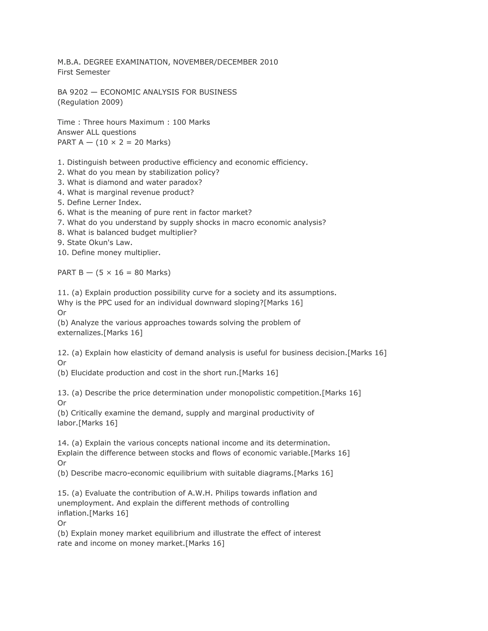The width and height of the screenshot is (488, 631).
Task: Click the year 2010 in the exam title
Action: click(269, 62)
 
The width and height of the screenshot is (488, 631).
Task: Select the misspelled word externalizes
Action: click(80, 333)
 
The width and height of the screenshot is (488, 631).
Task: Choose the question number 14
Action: click(63, 443)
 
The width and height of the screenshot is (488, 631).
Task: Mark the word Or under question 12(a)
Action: click(62, 363)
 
